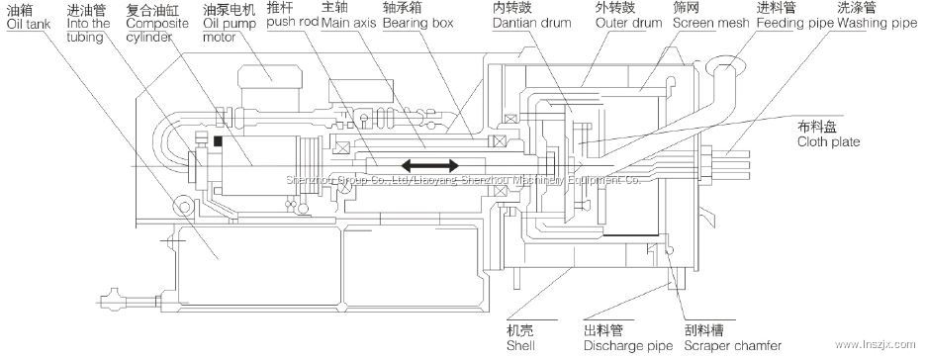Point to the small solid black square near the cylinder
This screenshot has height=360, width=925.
coord(218,140)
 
